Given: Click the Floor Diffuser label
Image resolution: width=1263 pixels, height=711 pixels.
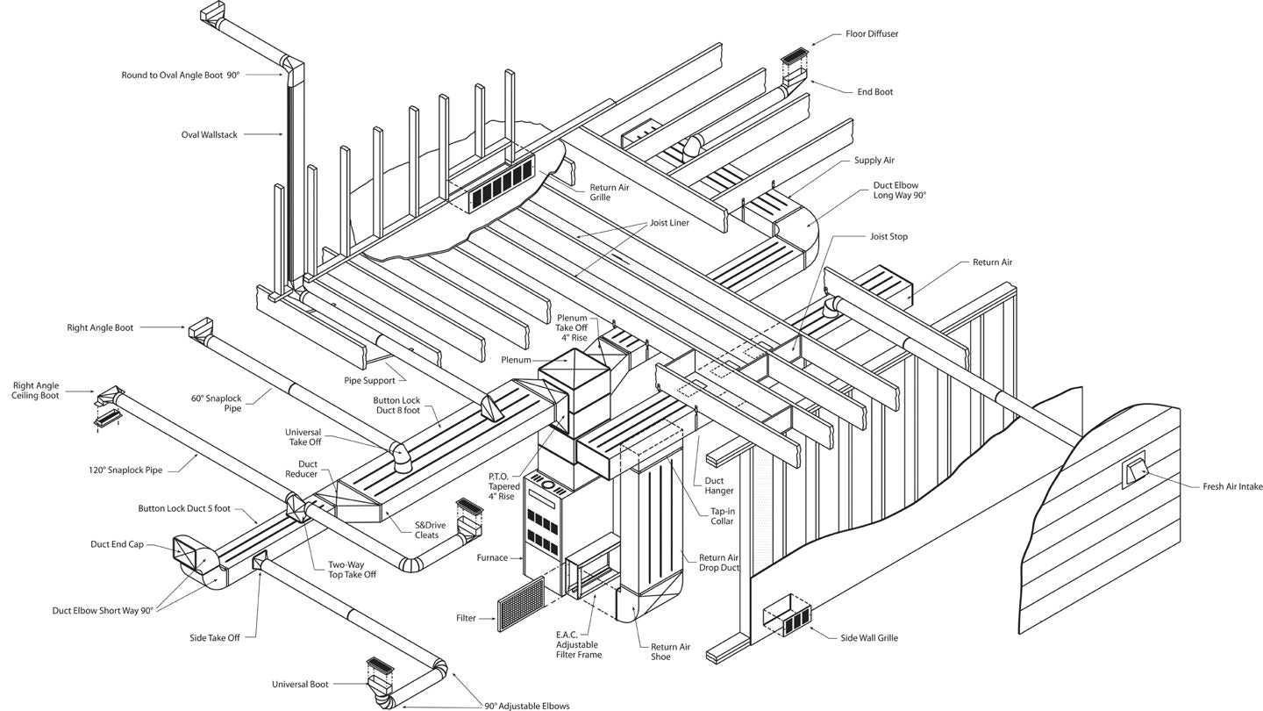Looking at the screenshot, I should tap(871, 34).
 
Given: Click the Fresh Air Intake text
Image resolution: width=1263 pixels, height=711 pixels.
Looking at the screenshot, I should tap(1232, 486).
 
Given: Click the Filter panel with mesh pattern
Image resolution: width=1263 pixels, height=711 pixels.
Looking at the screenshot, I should tap(521, 603).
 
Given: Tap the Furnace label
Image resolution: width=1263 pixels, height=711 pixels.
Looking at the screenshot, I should tap(492, 557).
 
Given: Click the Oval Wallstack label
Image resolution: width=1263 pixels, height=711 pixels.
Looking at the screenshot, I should tap(209, 135).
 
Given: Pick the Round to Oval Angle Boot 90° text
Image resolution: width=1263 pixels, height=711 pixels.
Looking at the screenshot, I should tap(180, 75).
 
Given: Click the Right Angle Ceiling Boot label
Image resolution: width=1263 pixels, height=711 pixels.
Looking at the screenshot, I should tap(36, 391).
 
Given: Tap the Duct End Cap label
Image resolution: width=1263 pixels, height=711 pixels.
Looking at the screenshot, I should tap(117, 544).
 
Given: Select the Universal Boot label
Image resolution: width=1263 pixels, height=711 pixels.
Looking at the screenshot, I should tap(300, 684).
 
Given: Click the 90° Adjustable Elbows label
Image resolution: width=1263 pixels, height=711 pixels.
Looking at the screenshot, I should tap(527, 706).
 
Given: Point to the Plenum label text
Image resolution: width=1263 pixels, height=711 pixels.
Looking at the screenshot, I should tap(516, 360).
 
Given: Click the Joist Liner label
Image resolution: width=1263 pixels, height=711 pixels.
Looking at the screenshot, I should tap(669, 223).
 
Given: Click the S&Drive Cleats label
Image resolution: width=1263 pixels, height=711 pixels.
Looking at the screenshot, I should tap(430, 530).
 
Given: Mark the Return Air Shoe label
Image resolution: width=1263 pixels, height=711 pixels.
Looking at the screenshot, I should tap(670, 651).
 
